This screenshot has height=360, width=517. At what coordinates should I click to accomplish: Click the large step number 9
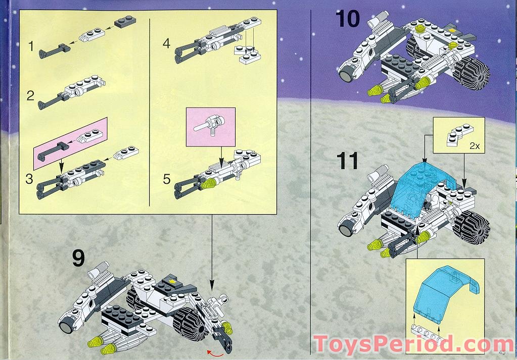(x=78, y=258)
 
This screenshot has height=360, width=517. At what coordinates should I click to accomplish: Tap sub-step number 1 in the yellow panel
(x=31, y=47)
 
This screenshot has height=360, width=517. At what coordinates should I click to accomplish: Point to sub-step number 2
(x=31, y=95)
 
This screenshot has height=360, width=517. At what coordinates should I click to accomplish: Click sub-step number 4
(x=167, y=43)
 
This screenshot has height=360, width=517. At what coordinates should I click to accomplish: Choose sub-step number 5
(x=167, y=179)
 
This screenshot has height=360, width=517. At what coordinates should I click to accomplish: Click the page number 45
(x=502, y=352)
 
